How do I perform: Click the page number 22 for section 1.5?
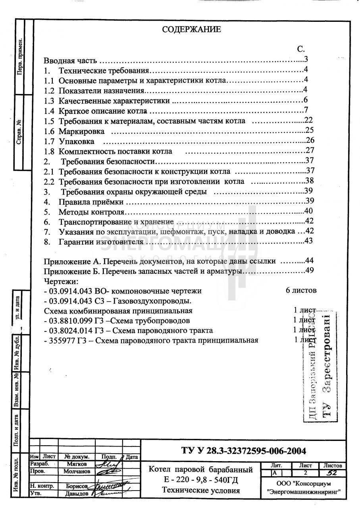pos(309,120)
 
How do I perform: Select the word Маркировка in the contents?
pos(82,131)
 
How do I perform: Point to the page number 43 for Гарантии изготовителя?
pos(308,241)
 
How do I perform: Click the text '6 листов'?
pos(301,291)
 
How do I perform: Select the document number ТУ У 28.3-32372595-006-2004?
pos(243,451)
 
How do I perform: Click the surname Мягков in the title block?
pos(77,464)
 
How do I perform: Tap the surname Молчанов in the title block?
pos(77,471)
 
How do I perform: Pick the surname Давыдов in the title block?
pos(77,494)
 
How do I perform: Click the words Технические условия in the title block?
pos(201,491)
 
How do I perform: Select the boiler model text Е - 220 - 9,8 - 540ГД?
pos(201,480)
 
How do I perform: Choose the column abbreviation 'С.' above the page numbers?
pos(301,49)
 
